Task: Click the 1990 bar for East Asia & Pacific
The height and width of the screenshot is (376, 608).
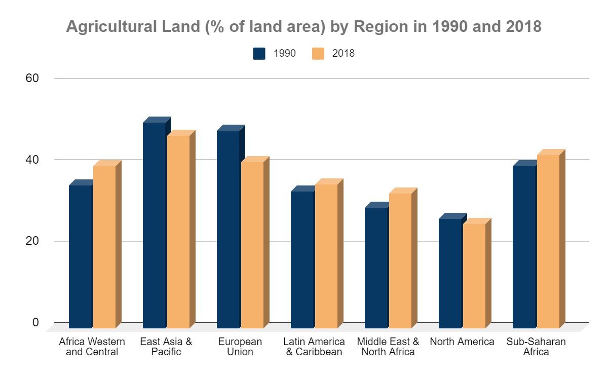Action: pos(155,225)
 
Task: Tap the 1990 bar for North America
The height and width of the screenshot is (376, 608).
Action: pos(450,273)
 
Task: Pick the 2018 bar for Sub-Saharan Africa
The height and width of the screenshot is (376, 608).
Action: pos(548,241)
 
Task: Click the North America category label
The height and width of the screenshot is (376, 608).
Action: pos(462,342)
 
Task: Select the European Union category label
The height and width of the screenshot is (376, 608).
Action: pos(240,347)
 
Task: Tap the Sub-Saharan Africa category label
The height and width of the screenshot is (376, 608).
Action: pos(536,347)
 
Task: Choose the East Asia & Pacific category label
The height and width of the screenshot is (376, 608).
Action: pos(166,347)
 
